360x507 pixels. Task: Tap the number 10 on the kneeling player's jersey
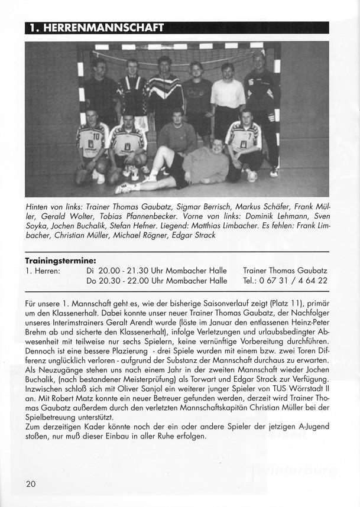96,136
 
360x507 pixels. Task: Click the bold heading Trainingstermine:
60,260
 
